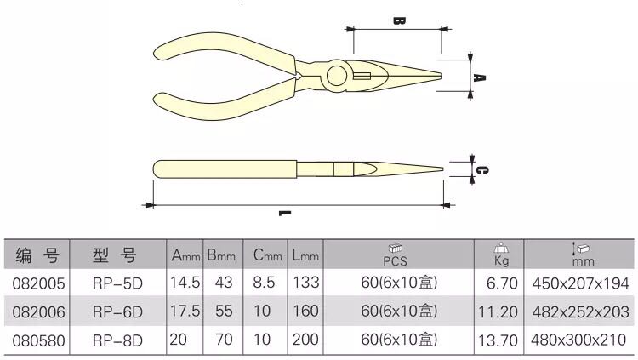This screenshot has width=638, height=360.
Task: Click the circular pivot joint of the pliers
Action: coord(337,76)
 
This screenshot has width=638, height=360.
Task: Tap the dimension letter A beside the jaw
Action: coord(480,77)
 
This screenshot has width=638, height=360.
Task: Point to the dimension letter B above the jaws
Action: coord(399,20)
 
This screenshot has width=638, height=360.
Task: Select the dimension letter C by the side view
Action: coord(481,170)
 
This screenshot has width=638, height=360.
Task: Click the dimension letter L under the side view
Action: coord(285,213)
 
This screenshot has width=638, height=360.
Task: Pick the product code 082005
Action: coord(38,283)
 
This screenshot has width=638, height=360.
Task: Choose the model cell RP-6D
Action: coord(117,312)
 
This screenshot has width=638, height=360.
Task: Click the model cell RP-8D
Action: coord(117,340)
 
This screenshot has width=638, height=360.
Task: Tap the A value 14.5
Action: coord(185,283)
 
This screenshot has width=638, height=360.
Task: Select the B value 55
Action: coord(224,311)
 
